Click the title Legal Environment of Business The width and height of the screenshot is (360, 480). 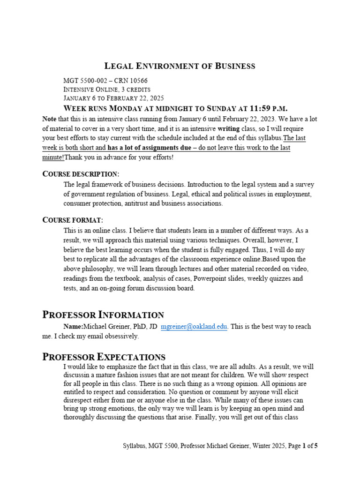point(180,66)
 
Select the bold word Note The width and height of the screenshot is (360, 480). point(49,119)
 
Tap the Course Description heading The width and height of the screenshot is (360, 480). point(81,174)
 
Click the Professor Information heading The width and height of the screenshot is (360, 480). point(103,315)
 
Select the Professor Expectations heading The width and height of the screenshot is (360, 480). point(104,357)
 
